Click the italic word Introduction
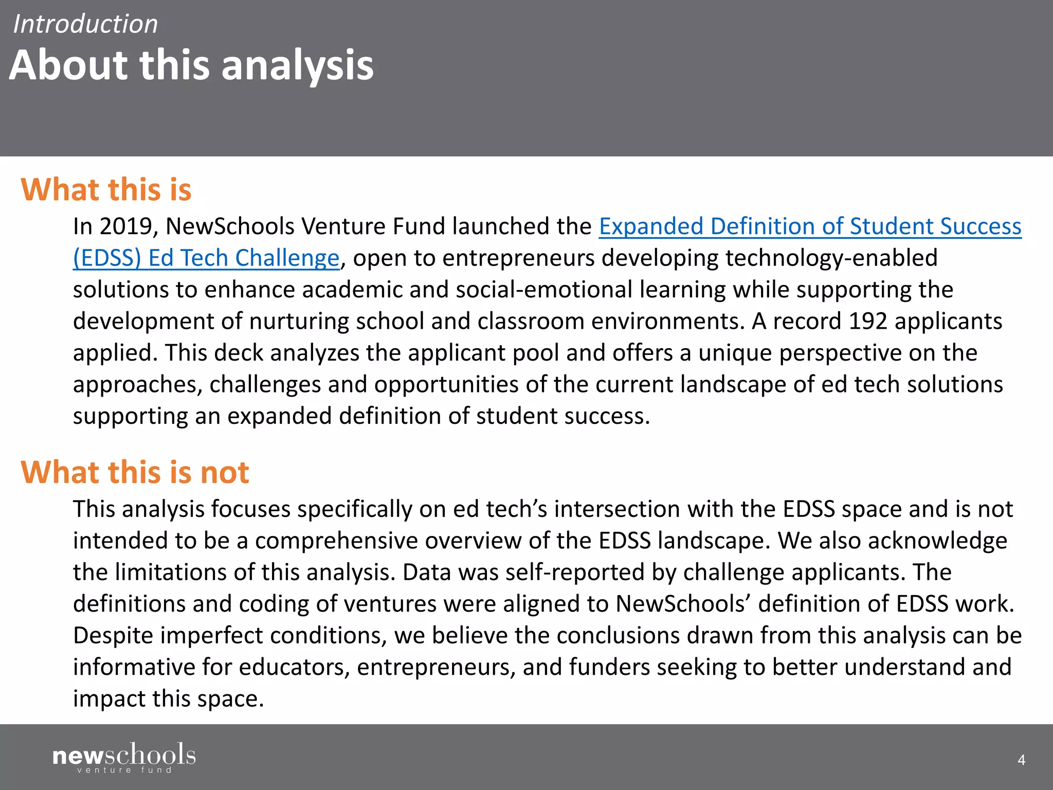[85, 24]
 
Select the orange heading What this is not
[135, 472]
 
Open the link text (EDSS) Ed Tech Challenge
[206, 258]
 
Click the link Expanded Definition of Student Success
[810, 226]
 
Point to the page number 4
[1021, 760]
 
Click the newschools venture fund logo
[124, 758]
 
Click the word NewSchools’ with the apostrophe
[683, 604]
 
